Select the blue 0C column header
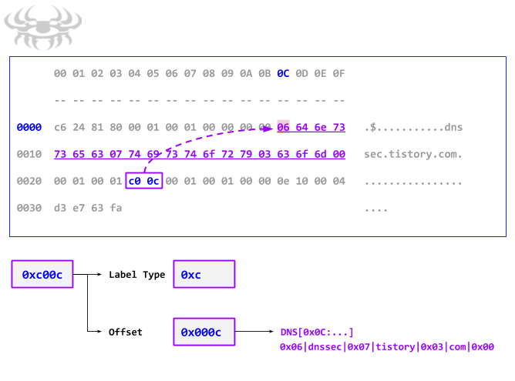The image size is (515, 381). [283, 74]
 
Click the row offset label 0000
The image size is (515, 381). [29, 127]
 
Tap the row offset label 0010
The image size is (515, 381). [29, 154]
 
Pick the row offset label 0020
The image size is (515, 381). [29, 182]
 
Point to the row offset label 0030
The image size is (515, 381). [29, 208]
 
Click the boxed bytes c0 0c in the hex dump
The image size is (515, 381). [143, 182]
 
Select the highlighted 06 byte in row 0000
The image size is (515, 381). [283, 127]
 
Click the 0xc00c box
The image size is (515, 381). [42, 275]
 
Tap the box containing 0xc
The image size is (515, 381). [203, 275]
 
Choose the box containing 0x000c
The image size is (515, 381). [203, 332]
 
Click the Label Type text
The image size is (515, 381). [136, 275]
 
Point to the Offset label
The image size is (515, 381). [126, 332]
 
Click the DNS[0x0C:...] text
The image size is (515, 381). [317, 333]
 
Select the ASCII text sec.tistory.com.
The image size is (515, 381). [413, 154]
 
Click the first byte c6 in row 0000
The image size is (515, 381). [60, 127]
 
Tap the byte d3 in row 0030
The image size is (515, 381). [60, 208]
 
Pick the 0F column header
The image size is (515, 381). [338, 74]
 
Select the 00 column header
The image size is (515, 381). [60, 74]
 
